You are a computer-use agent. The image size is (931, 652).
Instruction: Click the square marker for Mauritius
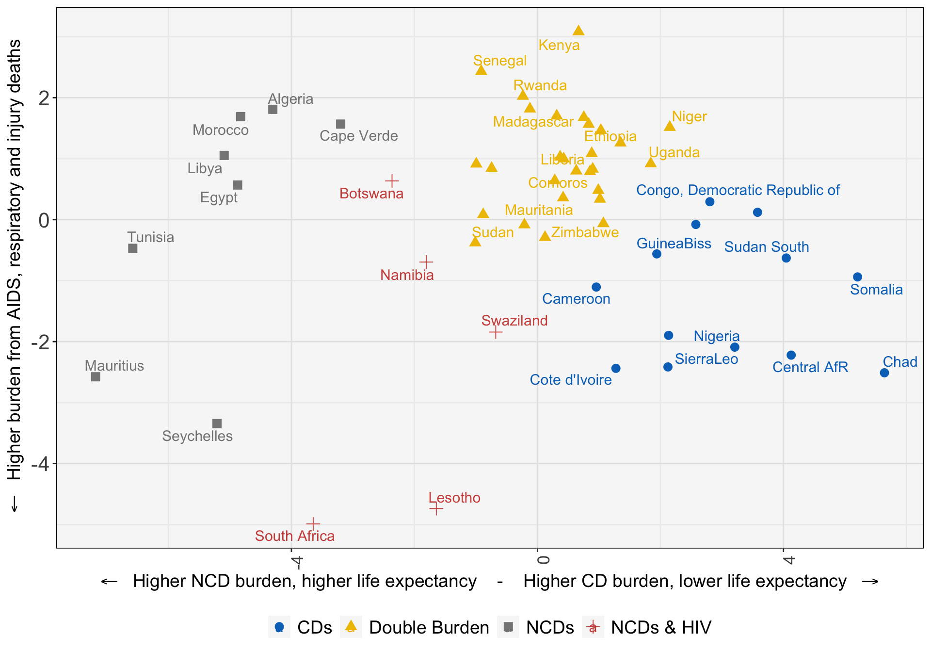tap(96, 377)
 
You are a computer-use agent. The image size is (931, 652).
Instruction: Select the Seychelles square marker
tap(217, 424)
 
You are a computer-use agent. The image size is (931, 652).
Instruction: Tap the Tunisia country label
tap(150, 237)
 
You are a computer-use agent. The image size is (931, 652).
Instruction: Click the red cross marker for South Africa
tap(313, 524)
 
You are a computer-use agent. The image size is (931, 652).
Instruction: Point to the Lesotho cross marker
tap(436, 508)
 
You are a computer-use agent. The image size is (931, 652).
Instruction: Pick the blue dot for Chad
tap(884, 373)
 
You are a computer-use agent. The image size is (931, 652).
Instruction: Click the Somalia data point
tap(857, 277)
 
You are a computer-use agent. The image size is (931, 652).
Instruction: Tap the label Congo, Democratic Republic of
tap(738, 190)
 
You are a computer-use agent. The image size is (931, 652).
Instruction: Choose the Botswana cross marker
tap(392, 181)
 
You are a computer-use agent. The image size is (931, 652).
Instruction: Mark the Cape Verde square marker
tap(341, 124)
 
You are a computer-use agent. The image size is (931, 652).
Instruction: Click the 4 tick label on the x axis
tap(788, 560)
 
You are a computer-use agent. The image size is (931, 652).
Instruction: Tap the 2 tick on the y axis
tap(44, 98)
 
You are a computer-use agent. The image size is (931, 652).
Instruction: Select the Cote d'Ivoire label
tap(570, 380)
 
